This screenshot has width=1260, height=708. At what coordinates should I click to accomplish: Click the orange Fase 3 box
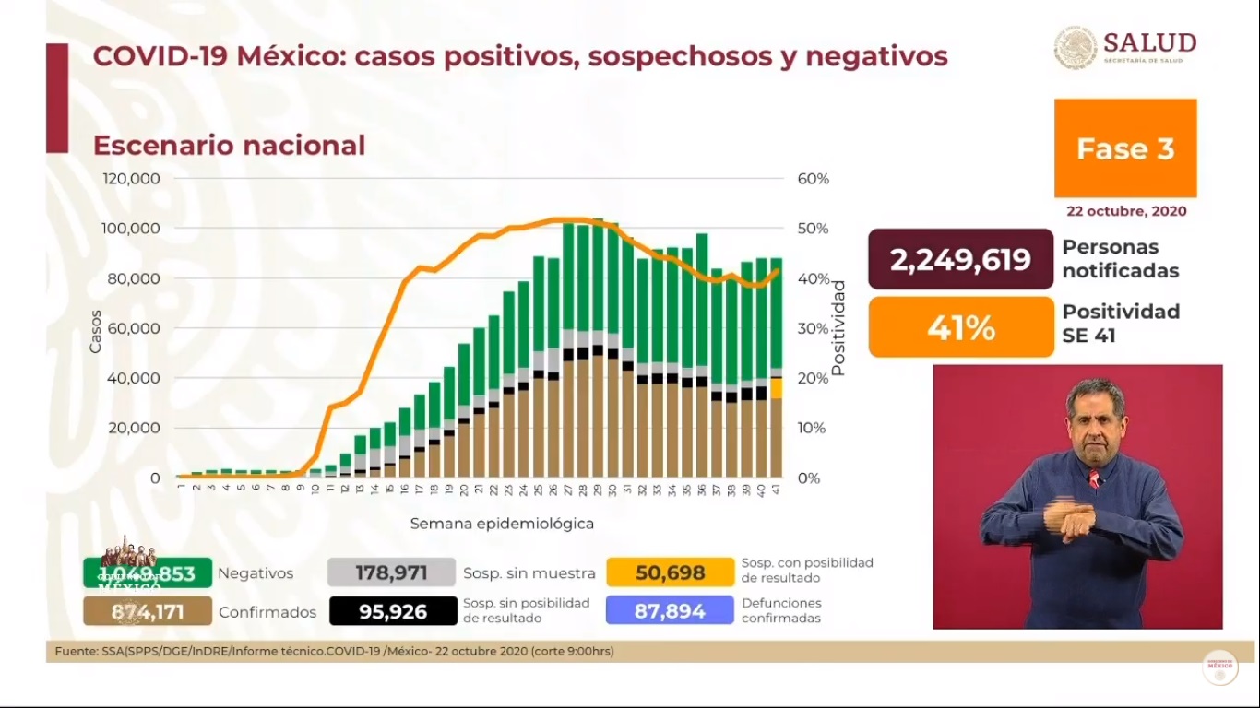click(1125, 148)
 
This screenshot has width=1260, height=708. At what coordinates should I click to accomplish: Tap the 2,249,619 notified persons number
click(960, 260)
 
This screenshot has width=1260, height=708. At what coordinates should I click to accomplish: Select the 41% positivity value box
click(960, 327)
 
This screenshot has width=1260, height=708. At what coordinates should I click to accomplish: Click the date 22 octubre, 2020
click(1126, 211)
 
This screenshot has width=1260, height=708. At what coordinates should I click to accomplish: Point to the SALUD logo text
click(1148, 43)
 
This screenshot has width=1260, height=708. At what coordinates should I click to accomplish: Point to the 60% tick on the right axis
click(813, 178)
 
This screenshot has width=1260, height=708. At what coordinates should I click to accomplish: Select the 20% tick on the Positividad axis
click(813, 378)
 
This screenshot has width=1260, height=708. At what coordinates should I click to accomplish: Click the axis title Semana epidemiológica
click(502, 524)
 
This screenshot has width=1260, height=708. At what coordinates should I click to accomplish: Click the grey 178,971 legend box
click(391, 572)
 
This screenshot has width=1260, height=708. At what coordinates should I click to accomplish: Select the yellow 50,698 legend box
click(670, 572)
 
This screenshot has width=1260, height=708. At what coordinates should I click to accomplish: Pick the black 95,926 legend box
click(393, 610)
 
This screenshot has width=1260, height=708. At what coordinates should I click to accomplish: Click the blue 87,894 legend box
click(670, 610)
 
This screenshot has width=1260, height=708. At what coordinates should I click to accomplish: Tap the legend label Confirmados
click(267, 612)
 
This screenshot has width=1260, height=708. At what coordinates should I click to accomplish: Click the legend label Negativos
click(256, 573)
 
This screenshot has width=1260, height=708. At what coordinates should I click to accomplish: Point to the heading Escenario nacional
click(229, 146)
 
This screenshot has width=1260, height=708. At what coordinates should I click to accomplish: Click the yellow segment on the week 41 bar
click(777, 388)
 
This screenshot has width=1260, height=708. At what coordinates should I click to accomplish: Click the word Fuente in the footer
click(76, 652)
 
